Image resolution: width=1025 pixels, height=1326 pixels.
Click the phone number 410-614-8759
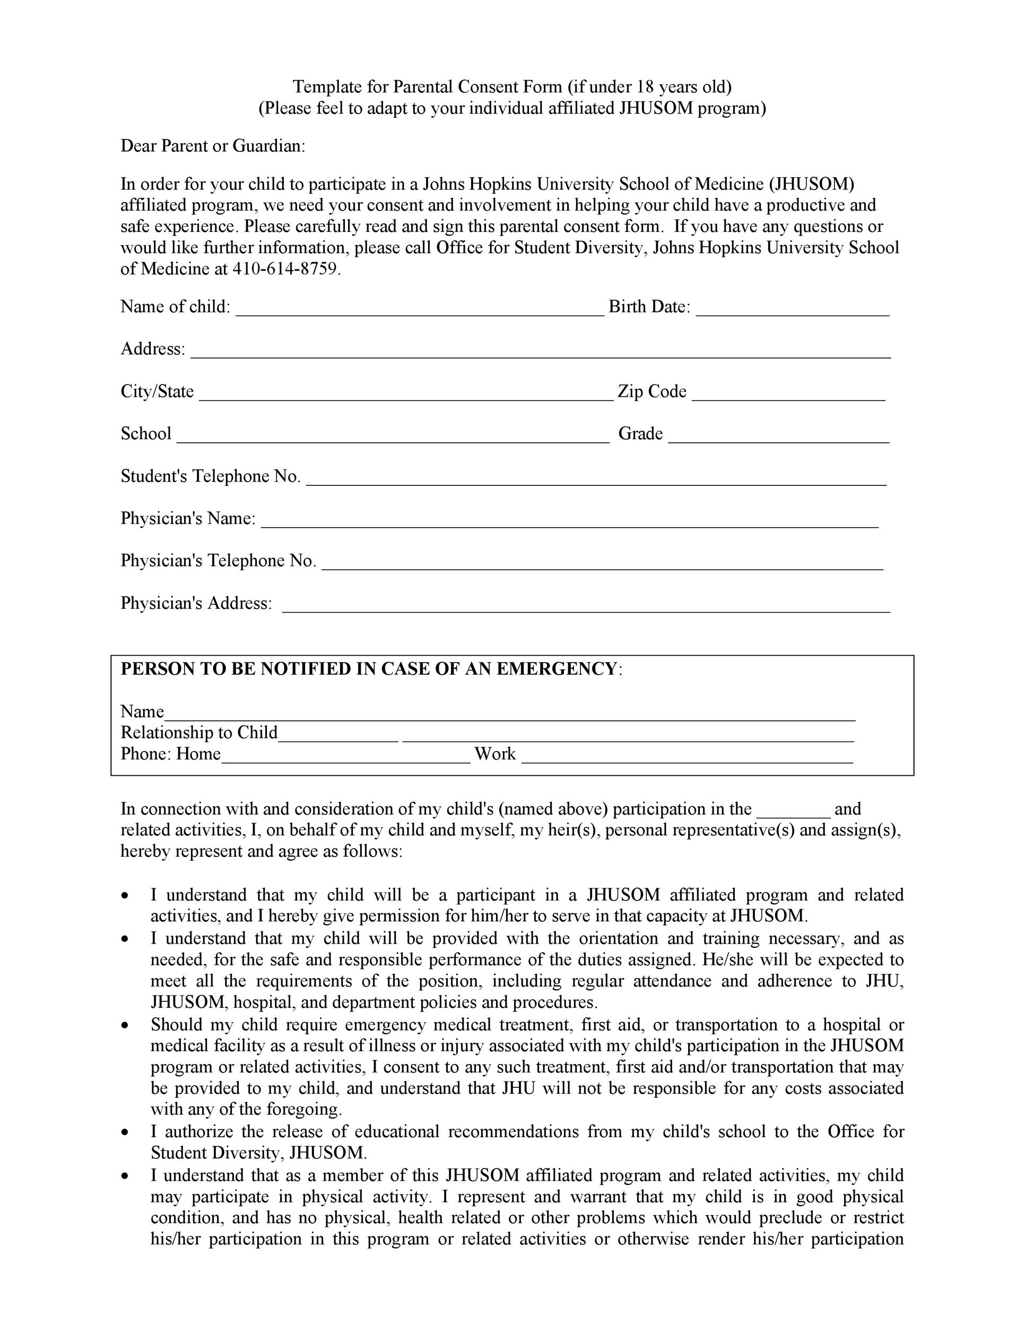285,269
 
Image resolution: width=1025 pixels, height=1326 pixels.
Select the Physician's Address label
196,603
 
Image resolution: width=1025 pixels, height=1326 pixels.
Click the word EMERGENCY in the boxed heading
556,668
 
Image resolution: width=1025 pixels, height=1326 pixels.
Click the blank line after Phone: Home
346,758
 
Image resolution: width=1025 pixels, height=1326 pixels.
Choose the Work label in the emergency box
495,754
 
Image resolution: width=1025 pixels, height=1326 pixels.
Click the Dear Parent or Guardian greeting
213,146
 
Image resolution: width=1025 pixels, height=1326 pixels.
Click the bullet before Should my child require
125,1025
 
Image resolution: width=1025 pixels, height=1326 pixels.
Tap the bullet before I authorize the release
125,1132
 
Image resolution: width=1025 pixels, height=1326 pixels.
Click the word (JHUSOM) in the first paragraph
811,184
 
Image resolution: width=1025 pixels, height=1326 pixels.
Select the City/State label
157,391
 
